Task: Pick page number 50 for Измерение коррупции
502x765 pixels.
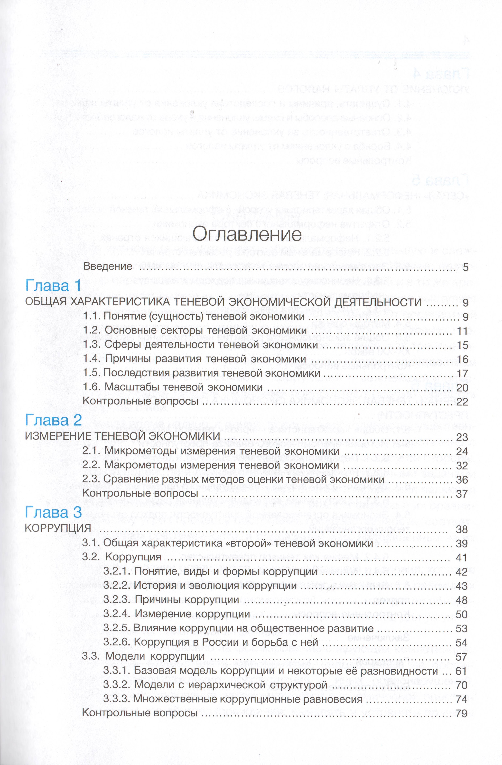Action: (462, 615)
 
